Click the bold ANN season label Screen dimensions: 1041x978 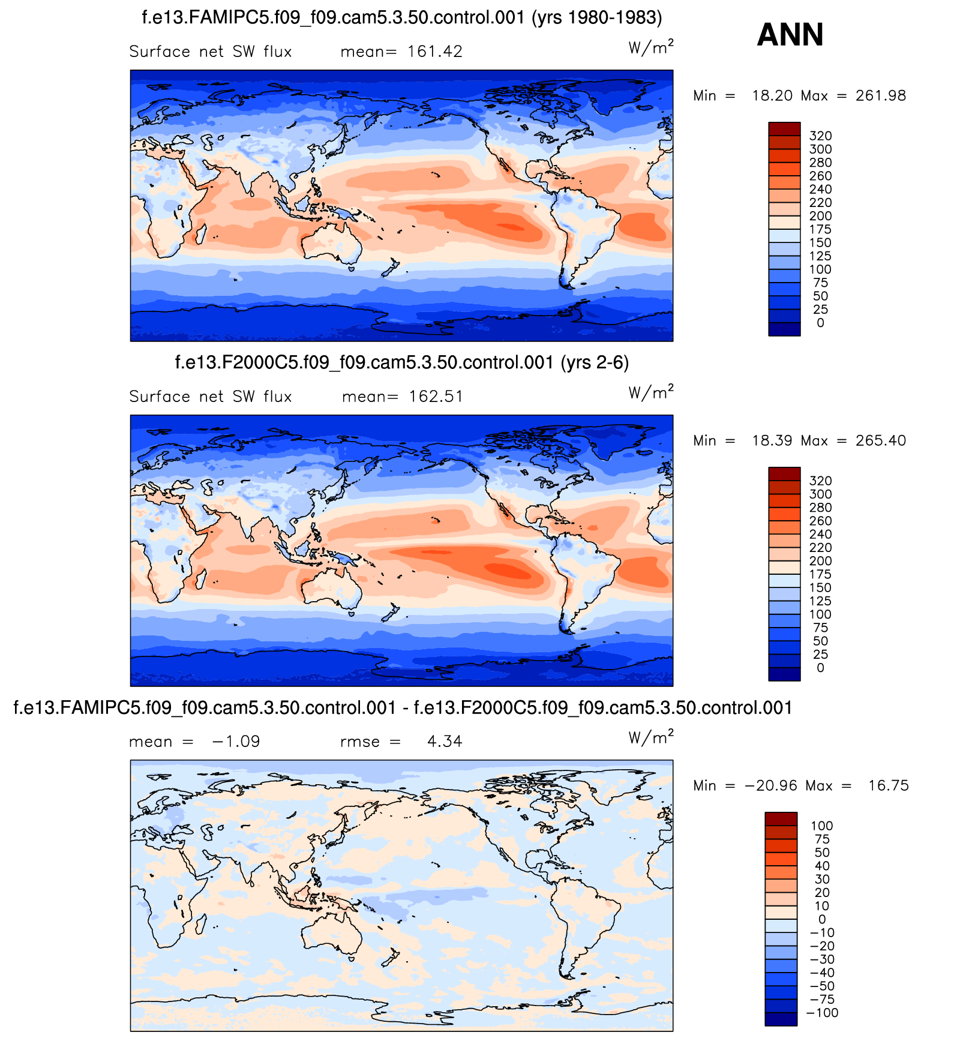click(790, 35)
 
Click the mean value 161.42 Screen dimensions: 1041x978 click(434, 52)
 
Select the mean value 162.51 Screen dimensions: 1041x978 click(436, 397)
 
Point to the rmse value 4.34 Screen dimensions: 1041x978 click(445, 742)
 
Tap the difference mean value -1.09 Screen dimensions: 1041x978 click(236, 742)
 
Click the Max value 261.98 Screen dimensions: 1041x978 click(881, 96)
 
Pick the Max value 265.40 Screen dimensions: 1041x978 click(881, 441)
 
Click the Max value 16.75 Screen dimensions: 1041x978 click(888, 786)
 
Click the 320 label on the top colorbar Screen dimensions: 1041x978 click(820, 136)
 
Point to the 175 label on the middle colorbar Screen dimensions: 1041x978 click(820, 575)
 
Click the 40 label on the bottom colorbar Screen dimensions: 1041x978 click(822, 866)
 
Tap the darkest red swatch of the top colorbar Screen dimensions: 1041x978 click(784, 128)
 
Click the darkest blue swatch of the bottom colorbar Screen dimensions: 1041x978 click(781, 1019)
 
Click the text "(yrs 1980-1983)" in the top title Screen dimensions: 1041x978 click(597, 18)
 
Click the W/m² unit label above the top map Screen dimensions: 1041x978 click(650, 47)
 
